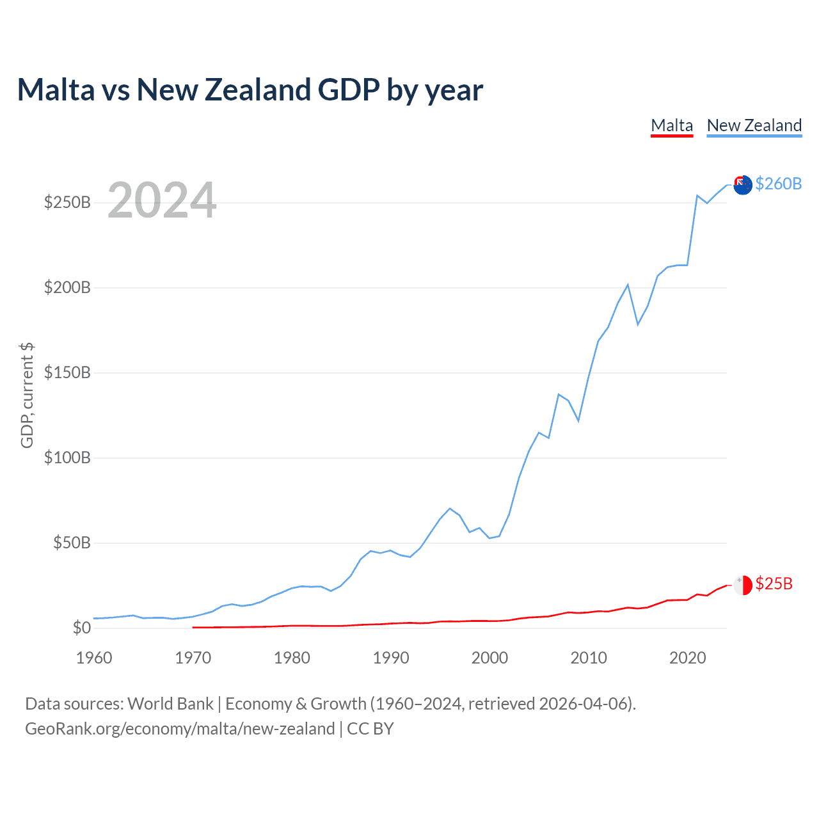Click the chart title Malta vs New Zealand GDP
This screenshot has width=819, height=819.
[250, 90]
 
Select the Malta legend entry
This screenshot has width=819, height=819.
[672, 125]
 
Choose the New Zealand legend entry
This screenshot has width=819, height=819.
[754, 125]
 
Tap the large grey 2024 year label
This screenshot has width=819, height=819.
[162, 200]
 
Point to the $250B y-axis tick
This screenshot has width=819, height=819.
[67, 203]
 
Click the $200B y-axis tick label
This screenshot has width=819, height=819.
[67, 288]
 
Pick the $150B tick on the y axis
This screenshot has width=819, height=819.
[67, 373]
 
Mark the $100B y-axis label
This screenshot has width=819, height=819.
[67, 458]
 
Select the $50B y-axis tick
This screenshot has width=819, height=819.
[72, 543]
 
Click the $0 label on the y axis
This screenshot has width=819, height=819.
[81, 628]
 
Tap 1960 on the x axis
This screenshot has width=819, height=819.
[94, 658]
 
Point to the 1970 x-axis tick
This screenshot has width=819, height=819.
[193, 658]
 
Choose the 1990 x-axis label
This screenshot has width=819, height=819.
[391, 658]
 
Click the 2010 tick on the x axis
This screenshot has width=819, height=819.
[589, 658]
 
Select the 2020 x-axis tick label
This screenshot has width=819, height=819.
[688, 658]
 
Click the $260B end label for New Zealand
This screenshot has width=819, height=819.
[778, 184]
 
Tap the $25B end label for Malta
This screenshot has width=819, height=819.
[774, 584]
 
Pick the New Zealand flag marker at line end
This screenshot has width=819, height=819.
[742, 186]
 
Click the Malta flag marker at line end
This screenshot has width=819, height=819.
[742, 585]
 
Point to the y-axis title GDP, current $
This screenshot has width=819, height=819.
[27, 395]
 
